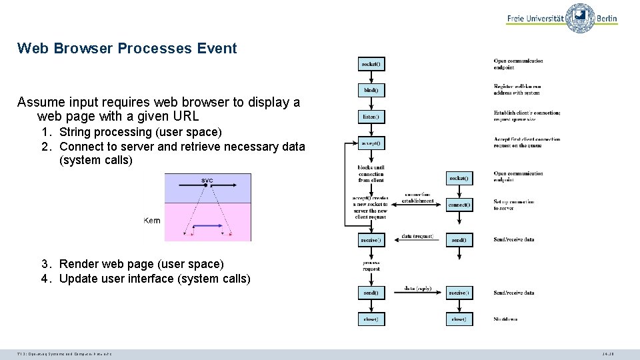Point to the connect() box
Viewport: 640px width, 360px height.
click(459, 205)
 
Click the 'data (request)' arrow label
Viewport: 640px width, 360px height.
click(417, 237)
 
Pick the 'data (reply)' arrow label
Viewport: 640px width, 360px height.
click(417, 289)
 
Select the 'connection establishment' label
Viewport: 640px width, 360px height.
click(419, 197)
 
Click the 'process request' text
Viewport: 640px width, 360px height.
click(371, 265)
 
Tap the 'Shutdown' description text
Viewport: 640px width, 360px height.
click(505, 319)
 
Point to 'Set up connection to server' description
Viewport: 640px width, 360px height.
click(518, 205)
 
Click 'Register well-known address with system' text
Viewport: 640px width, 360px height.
click(517, 89)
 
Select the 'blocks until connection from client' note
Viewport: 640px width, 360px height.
click(371, 174)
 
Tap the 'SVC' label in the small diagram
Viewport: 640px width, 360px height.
click(207, 181)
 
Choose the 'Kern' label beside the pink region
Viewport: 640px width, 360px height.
click(152, 221)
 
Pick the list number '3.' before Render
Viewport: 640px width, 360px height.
click(46, 265)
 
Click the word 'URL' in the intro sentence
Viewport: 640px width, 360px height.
click(185, 116)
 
